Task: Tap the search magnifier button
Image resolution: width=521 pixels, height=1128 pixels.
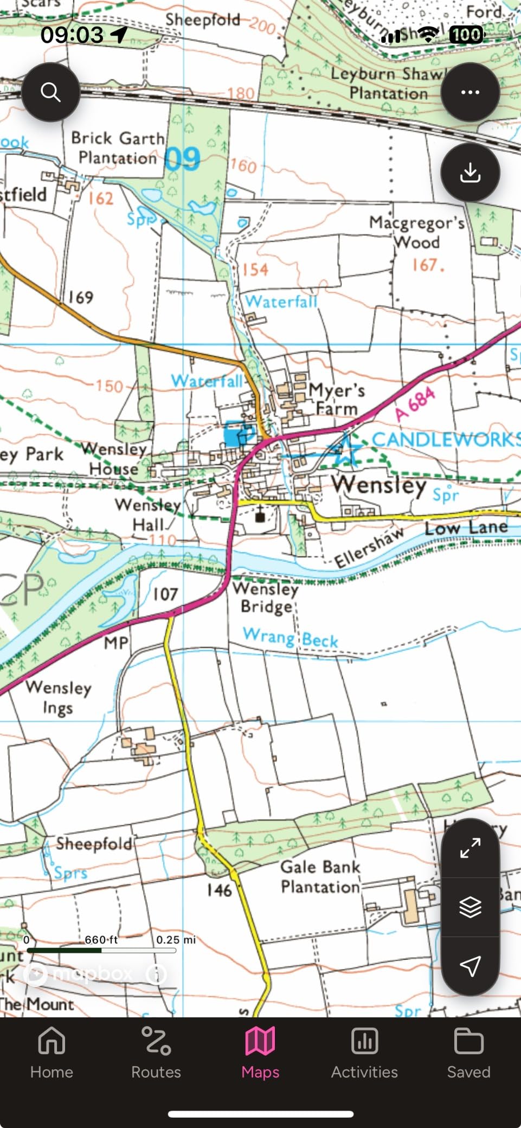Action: click(x=51, y=92)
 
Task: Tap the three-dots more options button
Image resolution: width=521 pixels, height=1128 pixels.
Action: click(x=469, y=92)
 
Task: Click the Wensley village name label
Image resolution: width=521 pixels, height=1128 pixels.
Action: click(x=379, y=484)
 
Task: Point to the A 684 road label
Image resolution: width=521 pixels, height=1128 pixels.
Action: click(x=415, y=404)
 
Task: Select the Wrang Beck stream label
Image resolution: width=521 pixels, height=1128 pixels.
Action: click(x=291, y=638)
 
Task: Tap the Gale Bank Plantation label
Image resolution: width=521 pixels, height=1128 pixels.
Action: click(x=320, y=876)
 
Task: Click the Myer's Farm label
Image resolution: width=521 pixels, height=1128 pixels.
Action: click(x=336, y=399)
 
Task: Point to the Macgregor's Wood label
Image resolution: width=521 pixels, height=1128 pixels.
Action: click(x=416, y=232)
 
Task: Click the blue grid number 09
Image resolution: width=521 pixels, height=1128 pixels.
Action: click(x=182, y=159)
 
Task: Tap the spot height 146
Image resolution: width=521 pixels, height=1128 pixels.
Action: click(x=219, y=890)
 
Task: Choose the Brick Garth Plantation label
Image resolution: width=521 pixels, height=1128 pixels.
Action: click(x=118, y=148)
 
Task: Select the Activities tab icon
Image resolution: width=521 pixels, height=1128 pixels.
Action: click(x=364, y=1041)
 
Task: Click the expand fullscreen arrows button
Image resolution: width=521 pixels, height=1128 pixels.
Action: click(x=469, y=848)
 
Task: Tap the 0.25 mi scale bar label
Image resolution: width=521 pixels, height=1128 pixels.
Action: click(x=176, y=940)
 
